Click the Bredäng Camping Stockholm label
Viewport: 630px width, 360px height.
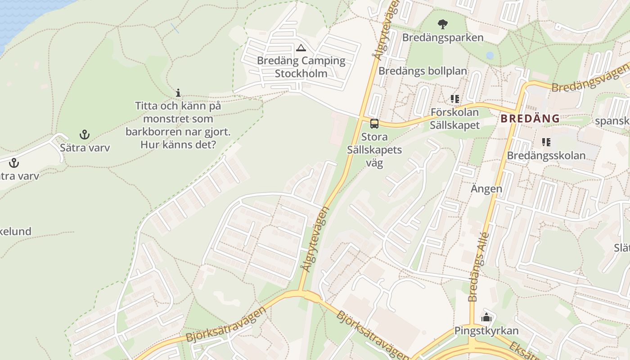pyautogui.click(x=301, y=67)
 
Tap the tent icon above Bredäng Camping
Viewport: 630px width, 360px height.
pyautogui.click(x=301, y=48)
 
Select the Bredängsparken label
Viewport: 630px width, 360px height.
pyautogui.click(x=443, y=37)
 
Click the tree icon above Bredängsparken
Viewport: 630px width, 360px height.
pyautogui.click(x=443, y=24)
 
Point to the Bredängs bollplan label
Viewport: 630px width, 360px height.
pyautogui.click(x=423, y=71)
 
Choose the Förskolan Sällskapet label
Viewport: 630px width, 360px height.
pyautogui.click(x=454, y=118)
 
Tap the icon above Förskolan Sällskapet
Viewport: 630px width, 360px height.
pyautogui.click(x=454, y=99)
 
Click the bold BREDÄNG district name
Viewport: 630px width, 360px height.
pyautogui.click(x=530, y=119)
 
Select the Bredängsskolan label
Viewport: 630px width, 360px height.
pyautogui.click(x=546, y=156)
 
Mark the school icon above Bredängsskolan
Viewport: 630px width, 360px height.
pyautogui.click(x=546, y=143)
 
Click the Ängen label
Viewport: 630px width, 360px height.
pyautogui.click(x=486, y=189)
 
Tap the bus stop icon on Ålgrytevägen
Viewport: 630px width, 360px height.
pyautogui.click(x=374, y=124)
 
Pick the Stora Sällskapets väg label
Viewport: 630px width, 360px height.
pyautogui.click(x=374, y=150)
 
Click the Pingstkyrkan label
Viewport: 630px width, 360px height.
pyautogui.click(x=486, y=331)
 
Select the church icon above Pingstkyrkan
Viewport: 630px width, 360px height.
pyautogui.click(x=486, y=318)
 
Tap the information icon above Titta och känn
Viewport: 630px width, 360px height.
pyautogui.click(x=178, y=93)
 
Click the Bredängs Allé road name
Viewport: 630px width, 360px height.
pyautogui.click(x=478, y=266)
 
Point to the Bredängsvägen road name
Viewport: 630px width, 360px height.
pyautogui.click(x=589, y=77)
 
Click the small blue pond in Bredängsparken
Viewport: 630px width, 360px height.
pyautogui.click(x=490, y=55)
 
